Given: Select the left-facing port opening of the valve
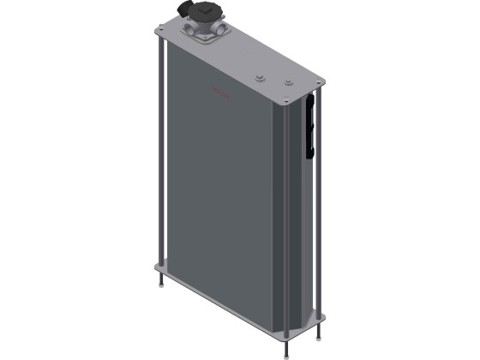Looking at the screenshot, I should [191, 32].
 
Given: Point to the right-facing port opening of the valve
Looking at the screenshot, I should [225, 30].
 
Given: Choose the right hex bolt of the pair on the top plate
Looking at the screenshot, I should [288, 83].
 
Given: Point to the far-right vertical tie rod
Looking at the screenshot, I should [320, 206].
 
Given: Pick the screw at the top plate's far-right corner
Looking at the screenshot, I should [320, 83].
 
